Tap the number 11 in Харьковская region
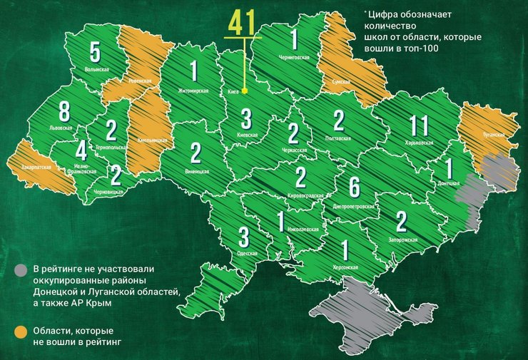(x=419, y=126)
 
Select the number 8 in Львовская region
(x=64, y=111)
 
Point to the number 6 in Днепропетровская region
(x=353, y=187)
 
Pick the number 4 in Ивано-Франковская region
(x=81, y=151)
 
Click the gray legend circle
(x=21, y=269)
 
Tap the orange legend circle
(x=21, y=331)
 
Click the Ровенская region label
(x=140, y=81)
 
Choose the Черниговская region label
(x=292, y=56)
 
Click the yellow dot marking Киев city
(x=245, y=91)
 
